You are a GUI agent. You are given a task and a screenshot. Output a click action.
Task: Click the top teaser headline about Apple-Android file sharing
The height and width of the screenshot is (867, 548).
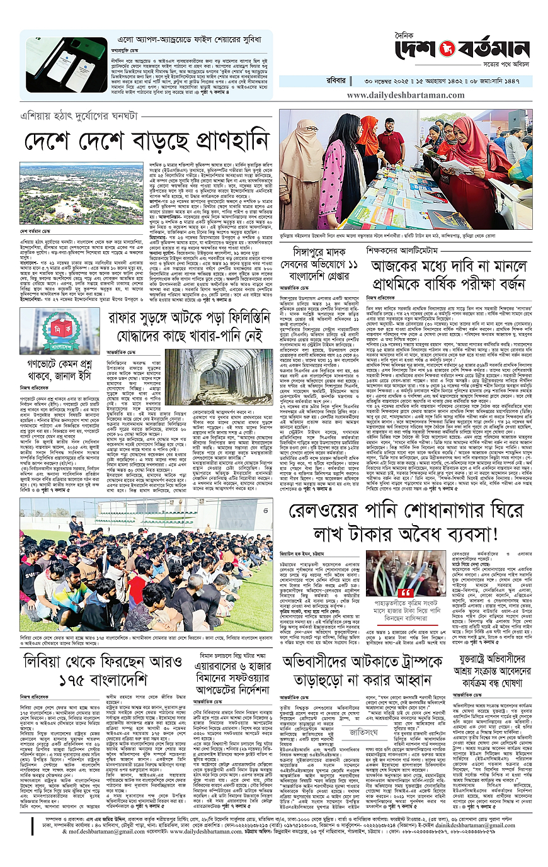[x=169, y=40]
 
